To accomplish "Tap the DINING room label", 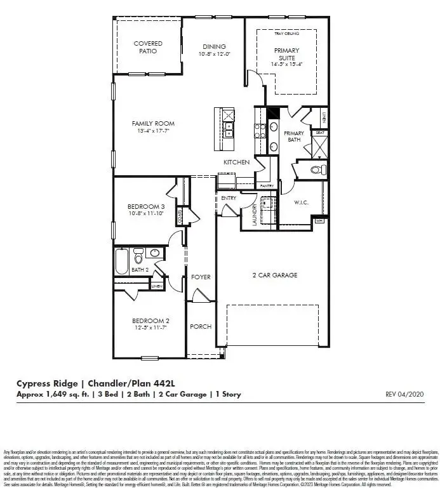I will [x=214, y=46].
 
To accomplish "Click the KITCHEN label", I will [x=236, y=162].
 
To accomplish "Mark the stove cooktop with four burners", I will [x=260, y=130].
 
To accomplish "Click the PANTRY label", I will [x=265, y=185].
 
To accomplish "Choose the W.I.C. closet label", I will [x=300, y=203].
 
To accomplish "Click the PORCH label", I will [x=201, y=326].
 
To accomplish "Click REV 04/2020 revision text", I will [x=404, y=394].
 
